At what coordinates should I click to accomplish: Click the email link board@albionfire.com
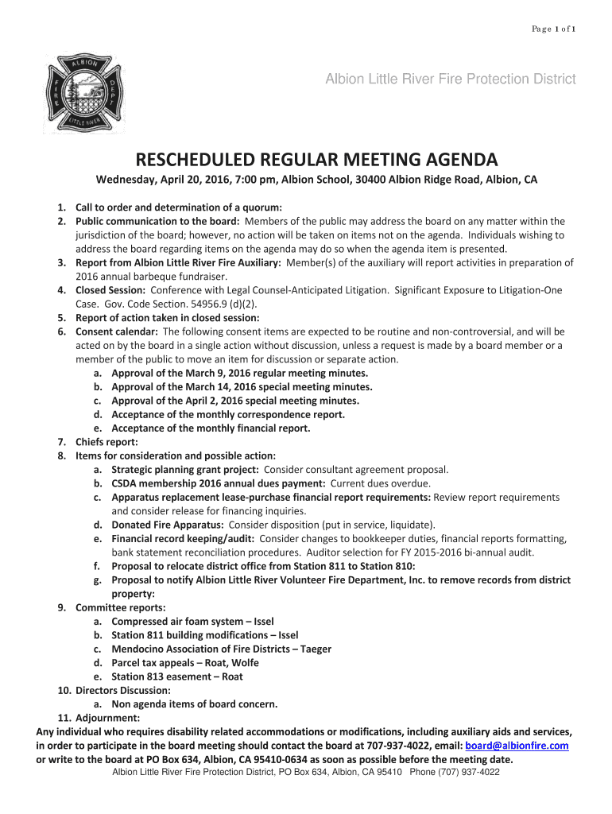pyautogui.click(x=517, y=746)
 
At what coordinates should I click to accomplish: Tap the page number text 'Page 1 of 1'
pyautogui.click(x=554, y=29)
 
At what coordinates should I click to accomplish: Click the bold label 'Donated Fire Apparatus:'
pyautogui.click(x=167, y=525)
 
